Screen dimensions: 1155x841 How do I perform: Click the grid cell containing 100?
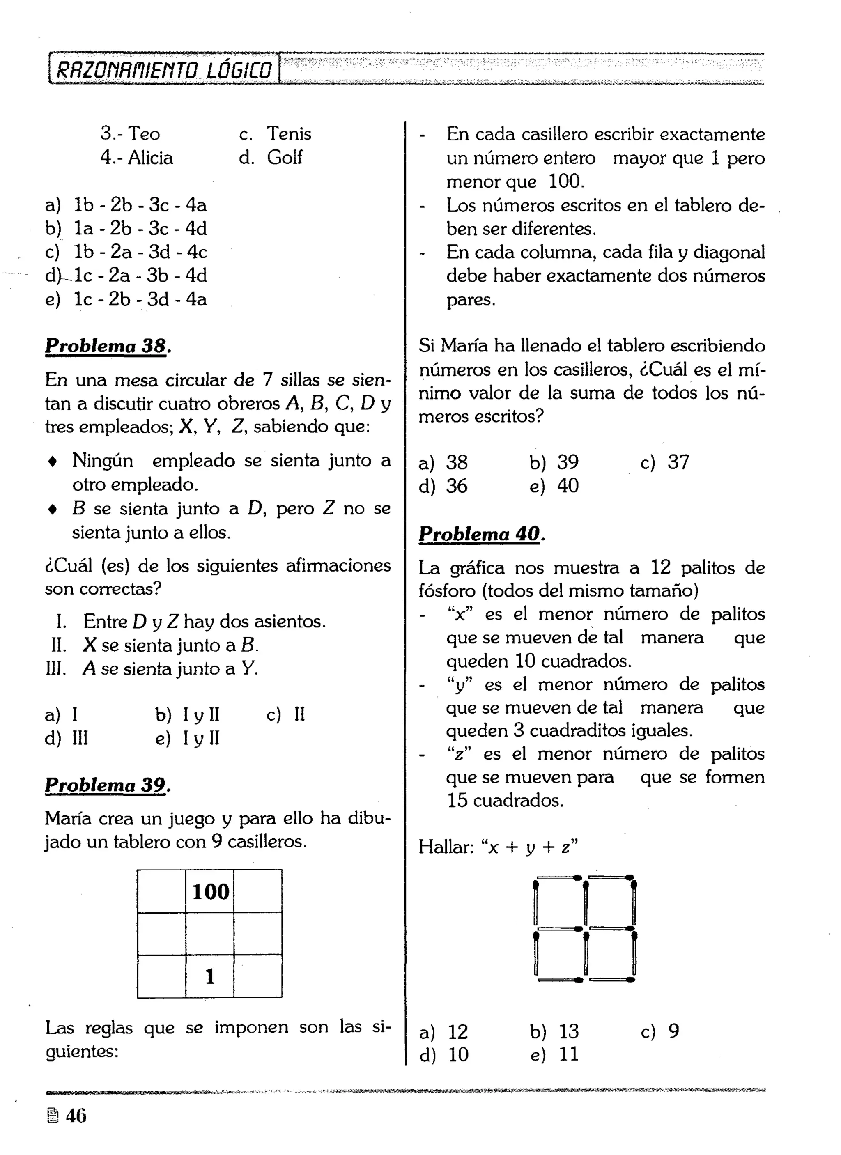point(210,891)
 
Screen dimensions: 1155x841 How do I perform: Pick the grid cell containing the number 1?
point(210,976)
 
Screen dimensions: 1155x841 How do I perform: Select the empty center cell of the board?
point(210,933)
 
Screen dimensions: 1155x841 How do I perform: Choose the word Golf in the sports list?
point(284,157)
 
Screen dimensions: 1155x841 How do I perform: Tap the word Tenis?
point(288,134)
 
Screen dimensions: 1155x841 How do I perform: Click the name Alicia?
point(150,157)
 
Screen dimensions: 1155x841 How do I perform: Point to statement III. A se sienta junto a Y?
point(153,668)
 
